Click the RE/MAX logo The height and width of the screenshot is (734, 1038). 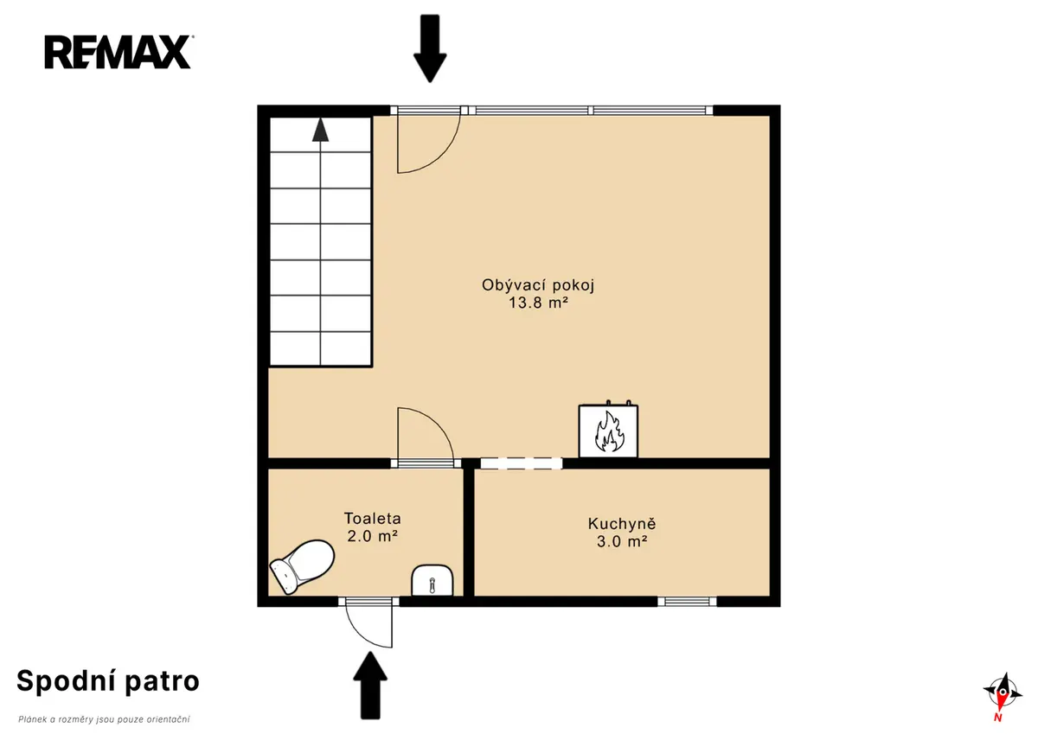pos(119,52)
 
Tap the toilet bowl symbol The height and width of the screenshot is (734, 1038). pos(302,566)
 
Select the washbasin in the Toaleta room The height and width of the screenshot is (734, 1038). pos(432,580)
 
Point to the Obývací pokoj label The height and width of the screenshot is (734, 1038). pos(538,284)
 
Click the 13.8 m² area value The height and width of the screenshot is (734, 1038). pos(538,303)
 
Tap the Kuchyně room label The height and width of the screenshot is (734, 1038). pos(622,524)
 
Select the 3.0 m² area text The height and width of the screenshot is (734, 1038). pos(622,541)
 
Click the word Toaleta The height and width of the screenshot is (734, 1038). pos(373,518)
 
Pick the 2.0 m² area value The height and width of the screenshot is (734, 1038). pos(373,536)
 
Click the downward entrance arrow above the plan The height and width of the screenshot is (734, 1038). pos(430,48)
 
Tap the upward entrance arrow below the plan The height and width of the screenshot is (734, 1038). pos(370,686)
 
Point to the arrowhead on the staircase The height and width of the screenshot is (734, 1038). pos(320,130)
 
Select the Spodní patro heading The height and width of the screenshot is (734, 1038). pos(108,681)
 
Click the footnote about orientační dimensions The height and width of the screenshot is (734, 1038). pos(105,719)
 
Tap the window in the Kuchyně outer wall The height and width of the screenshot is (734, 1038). pos(687,602)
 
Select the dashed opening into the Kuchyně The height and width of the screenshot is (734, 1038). pos(522,463)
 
